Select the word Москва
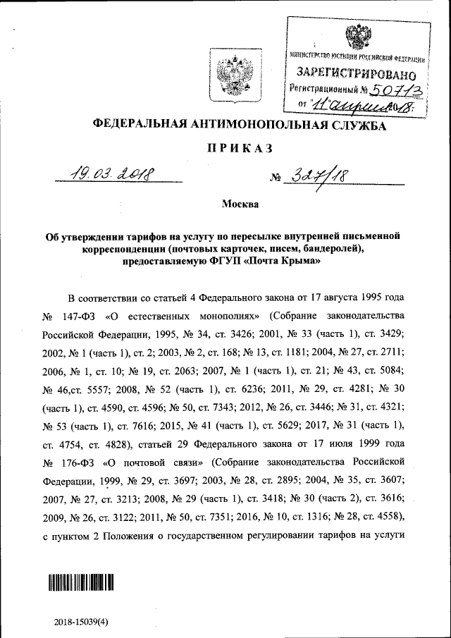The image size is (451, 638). pyautogui.click(x=240, y=204)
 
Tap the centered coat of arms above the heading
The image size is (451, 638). pyautogui.click(x=228, y=73)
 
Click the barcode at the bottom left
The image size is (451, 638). pyautogui.click(x=81, y=582)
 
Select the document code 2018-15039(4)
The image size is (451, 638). pyautogui.click(x=82, y=622)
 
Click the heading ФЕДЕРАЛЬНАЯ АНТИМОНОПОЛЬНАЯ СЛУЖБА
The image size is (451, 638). pyautogui.click(x=240, y=125)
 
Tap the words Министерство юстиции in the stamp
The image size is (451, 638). pyautogui.click(x=329, y=56)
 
